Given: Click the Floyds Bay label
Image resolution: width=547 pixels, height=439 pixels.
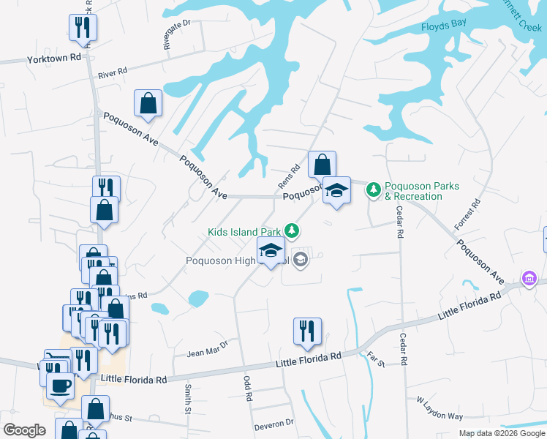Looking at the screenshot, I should click(x=443, y=27).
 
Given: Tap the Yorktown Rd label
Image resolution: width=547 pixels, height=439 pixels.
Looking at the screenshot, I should click(x=53, y=58).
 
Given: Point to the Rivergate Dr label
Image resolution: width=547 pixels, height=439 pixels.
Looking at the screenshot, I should click(x=177, y=34).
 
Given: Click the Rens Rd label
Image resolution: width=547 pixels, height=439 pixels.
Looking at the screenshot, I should click(x=290, y=176).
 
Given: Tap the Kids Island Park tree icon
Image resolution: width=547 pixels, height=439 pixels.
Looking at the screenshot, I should click(x=293, y=231).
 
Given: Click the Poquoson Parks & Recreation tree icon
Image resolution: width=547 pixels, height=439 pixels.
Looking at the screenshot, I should click(x=374, y=190).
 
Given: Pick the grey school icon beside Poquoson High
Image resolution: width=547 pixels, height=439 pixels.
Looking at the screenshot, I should click(x=300, y=259).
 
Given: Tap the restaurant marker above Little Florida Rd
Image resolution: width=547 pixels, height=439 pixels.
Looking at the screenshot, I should click(x=307, y=331).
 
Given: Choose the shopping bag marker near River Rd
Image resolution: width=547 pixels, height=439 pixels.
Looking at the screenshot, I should click(x=148, y=103).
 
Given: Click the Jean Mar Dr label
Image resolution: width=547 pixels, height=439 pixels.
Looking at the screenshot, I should click(x=208, y=348).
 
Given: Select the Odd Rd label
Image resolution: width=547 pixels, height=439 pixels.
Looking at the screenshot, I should click(x=247, y=389).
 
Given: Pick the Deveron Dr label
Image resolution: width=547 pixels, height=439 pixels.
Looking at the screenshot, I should click(x=273, y=424).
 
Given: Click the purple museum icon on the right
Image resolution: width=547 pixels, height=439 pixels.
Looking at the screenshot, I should click(x=528, y=279).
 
